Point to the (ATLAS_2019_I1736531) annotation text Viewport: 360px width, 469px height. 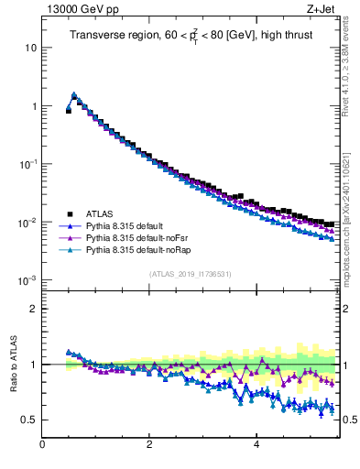190,273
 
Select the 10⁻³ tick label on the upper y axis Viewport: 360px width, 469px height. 26,280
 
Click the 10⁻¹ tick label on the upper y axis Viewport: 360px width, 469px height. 26,164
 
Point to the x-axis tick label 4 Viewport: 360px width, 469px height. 256,445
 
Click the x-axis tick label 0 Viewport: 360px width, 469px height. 42,445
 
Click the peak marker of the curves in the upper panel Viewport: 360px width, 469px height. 74,94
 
